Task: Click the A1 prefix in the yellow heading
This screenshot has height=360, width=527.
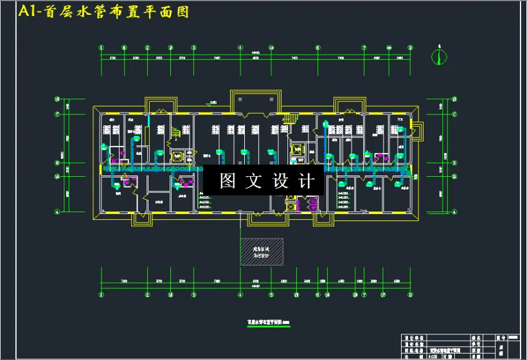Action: point(28,12)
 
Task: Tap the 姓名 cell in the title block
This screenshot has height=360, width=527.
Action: point(476,337)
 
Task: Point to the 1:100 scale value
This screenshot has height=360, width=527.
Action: point(434,356)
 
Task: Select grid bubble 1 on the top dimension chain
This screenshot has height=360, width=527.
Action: point(102,48)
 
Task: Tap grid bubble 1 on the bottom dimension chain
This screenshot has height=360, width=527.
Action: point(102,295)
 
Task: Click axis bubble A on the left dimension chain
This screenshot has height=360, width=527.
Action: point(57,212)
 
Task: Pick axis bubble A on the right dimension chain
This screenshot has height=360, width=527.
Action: point(454,212)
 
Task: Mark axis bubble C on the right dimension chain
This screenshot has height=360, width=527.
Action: point(454,115)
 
